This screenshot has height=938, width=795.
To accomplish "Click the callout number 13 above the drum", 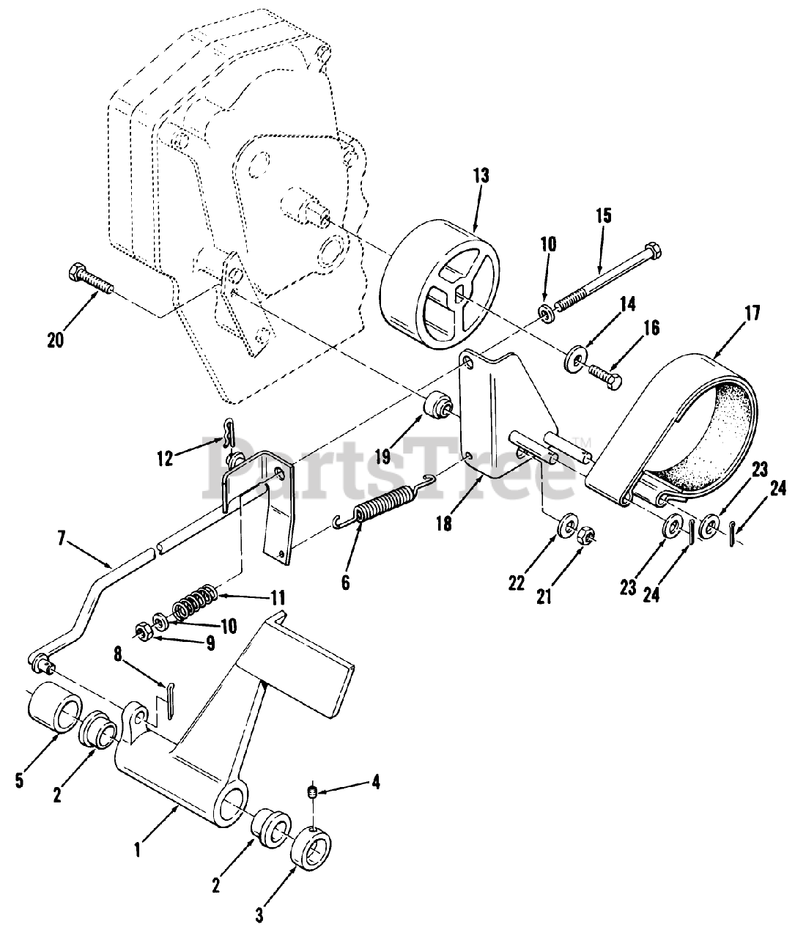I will [481, 176].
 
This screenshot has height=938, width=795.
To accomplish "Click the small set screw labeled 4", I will [311, 791].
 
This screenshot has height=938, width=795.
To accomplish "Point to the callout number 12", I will [165, 459].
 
